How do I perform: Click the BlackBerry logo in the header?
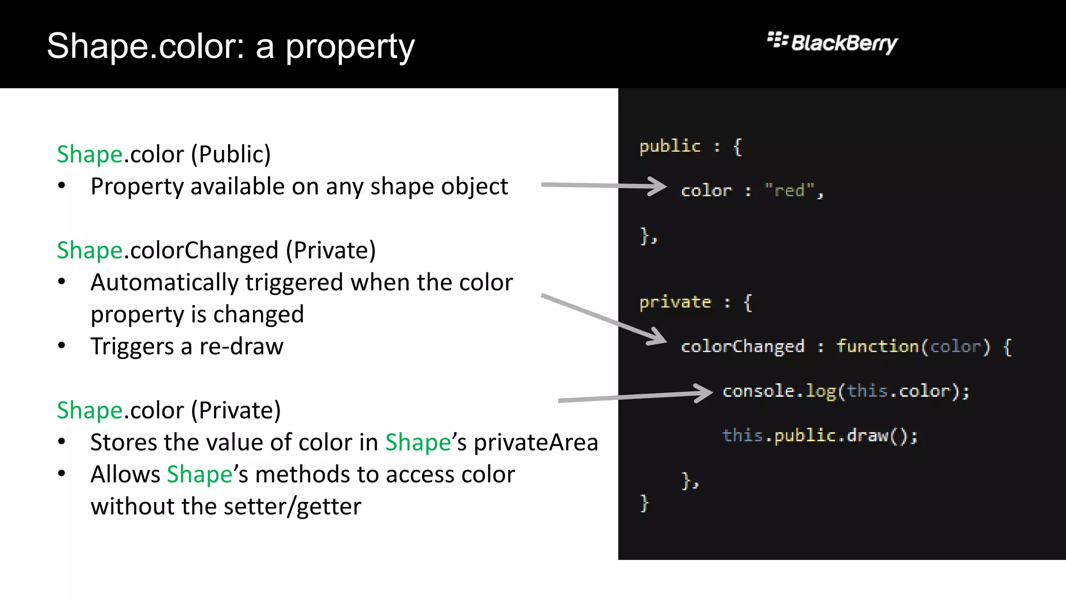click(832, 43)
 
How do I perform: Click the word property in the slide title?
click(350, 47)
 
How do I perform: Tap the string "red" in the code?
click(790, 191)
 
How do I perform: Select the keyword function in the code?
click(878, 346)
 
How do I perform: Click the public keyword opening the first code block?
click(670, 146)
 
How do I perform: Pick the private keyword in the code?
click(675, 302)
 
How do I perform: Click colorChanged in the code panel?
click(743, 346)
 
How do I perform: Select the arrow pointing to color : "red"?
click(604, 185)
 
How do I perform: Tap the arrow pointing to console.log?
click(635, 396)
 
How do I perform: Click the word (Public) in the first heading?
click(231, 155)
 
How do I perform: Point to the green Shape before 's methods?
click(199, 474)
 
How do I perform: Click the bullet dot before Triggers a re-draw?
click(62, 345)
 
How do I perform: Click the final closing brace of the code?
click(644, 503)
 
